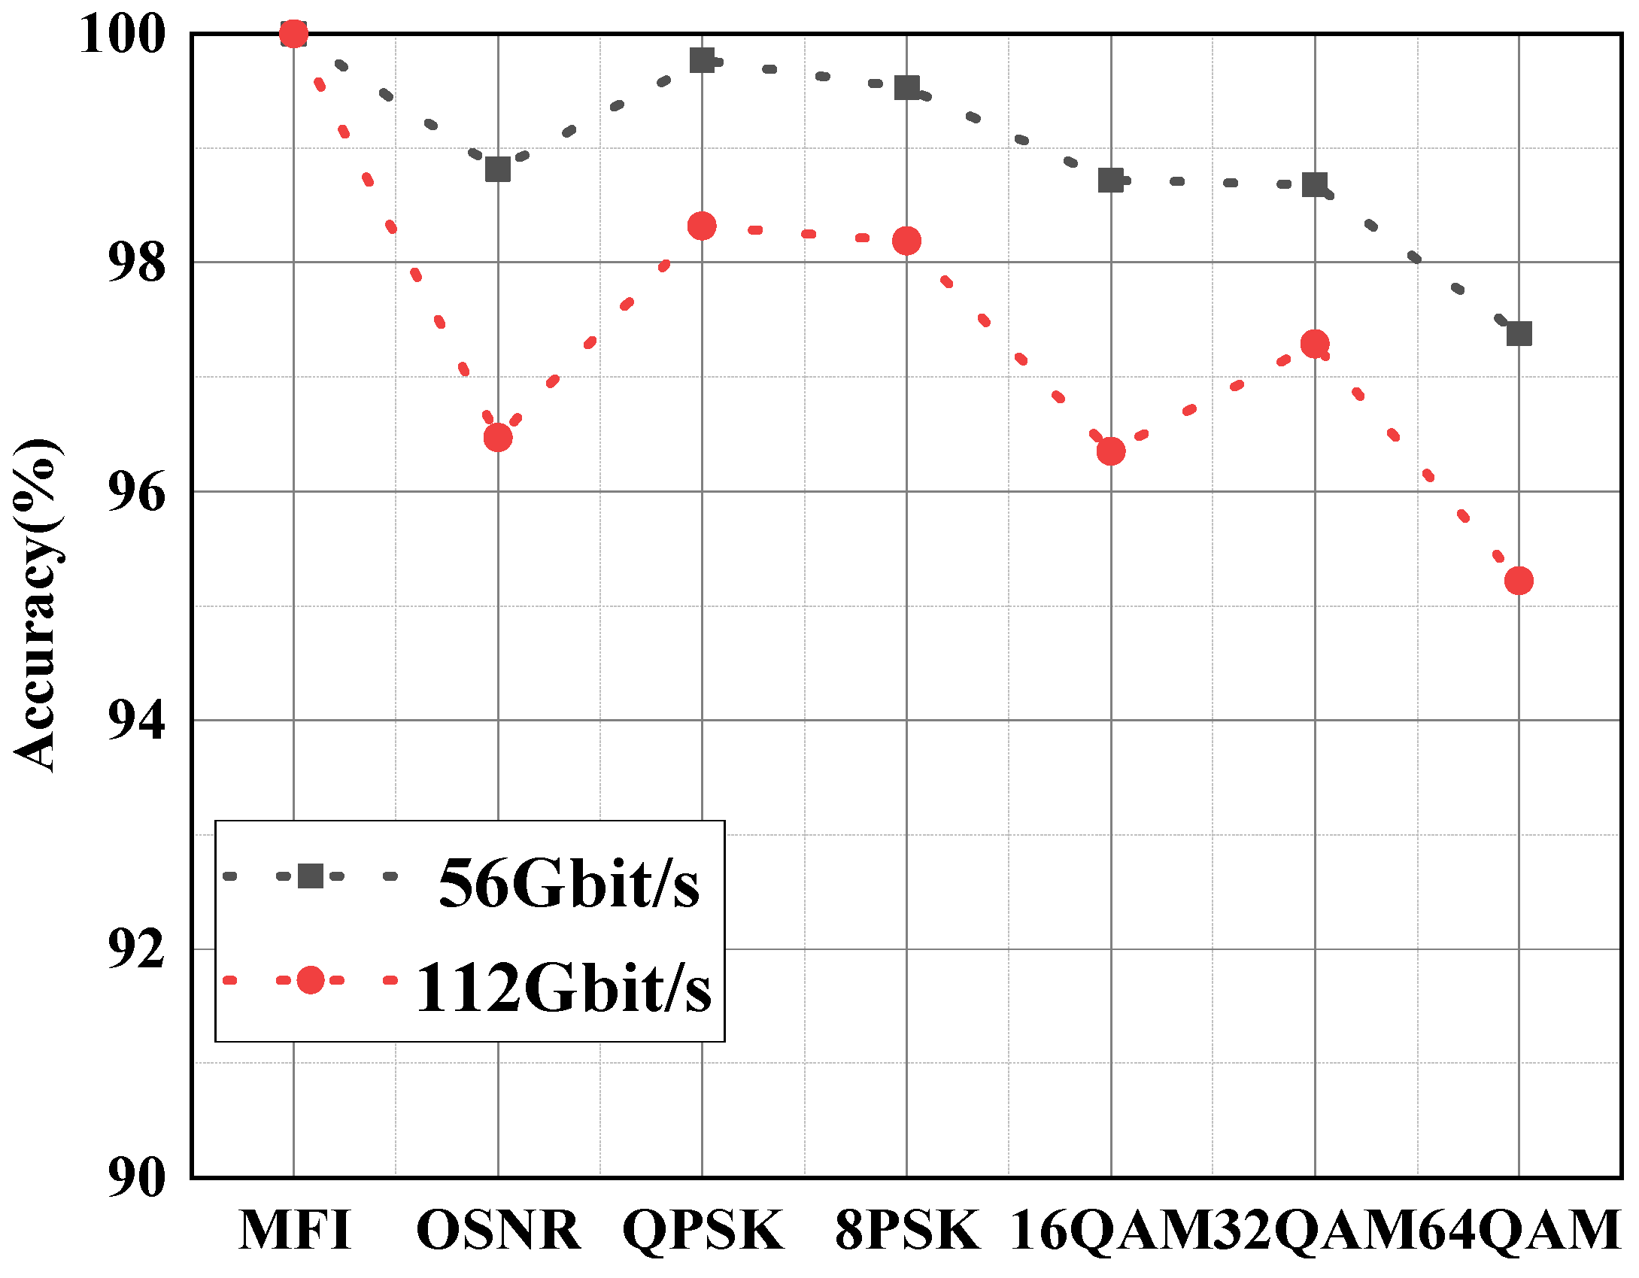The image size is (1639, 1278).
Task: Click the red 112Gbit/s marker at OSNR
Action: tap(497, 437)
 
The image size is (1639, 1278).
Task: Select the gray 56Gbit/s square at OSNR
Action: tap(497, 169)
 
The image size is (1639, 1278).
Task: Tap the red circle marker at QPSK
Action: tap(702, 226)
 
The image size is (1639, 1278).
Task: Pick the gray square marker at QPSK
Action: tap(702, 60)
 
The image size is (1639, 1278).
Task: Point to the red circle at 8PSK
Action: tap(906, 241)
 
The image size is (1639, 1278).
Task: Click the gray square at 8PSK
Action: tap(906, 88)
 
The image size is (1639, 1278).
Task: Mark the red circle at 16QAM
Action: tap(1111, 451)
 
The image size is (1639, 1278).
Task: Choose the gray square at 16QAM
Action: tap(1111, 181)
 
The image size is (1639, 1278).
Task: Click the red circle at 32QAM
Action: tap(1315, 344)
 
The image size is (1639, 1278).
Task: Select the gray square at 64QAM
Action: tap(1519, 333)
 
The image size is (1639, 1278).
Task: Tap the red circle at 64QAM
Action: tap(1519, 581)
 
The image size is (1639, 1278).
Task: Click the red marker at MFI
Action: tap(293, 34)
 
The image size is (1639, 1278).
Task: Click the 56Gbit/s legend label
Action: tap(569, 884)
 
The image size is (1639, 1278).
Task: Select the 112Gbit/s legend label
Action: tap(563, 988)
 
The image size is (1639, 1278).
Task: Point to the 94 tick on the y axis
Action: tap(136, 721)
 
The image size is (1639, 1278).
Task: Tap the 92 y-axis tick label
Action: tap(136, 949)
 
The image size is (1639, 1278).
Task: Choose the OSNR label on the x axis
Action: tap(498, 1231)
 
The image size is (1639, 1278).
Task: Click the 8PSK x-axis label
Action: tap(907, 1231)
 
